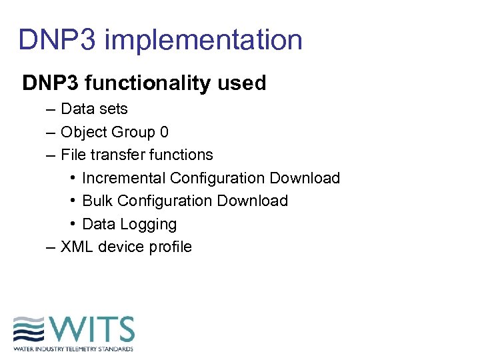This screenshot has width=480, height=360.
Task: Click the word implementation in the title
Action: tap(203, 40)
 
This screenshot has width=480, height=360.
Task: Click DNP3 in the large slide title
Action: tap(58, 40)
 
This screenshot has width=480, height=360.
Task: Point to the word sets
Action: tap(112, 109)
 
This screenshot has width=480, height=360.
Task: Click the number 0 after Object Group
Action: tap(164, 132)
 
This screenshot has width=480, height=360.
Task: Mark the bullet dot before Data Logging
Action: tap(72, 224)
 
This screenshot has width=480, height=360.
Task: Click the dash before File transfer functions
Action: tap(51, 155)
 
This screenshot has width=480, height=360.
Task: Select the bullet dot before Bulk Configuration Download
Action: tap(72, 201)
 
